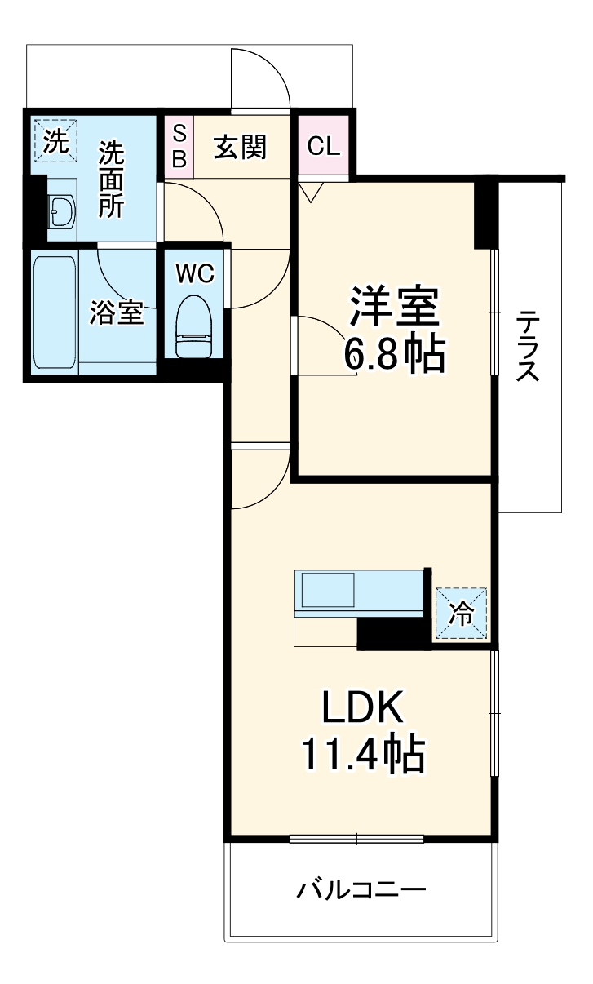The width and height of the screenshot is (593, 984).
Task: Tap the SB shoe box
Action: [x=179, y=145]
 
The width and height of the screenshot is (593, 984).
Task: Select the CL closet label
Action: [x=323, y=147]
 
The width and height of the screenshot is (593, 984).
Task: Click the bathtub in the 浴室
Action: [x=55, y=310]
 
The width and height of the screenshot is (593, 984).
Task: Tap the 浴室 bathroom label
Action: [x=117, y=312]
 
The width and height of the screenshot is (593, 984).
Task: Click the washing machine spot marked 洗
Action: [x=55, y=141]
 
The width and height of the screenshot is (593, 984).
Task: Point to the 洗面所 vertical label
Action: [x=112, y=180]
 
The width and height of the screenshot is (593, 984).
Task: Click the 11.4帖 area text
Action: [x=363, y=756]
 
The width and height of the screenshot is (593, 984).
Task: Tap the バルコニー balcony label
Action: [x=361, y=889]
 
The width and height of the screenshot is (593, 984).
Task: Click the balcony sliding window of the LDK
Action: [x=356, y=838]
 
